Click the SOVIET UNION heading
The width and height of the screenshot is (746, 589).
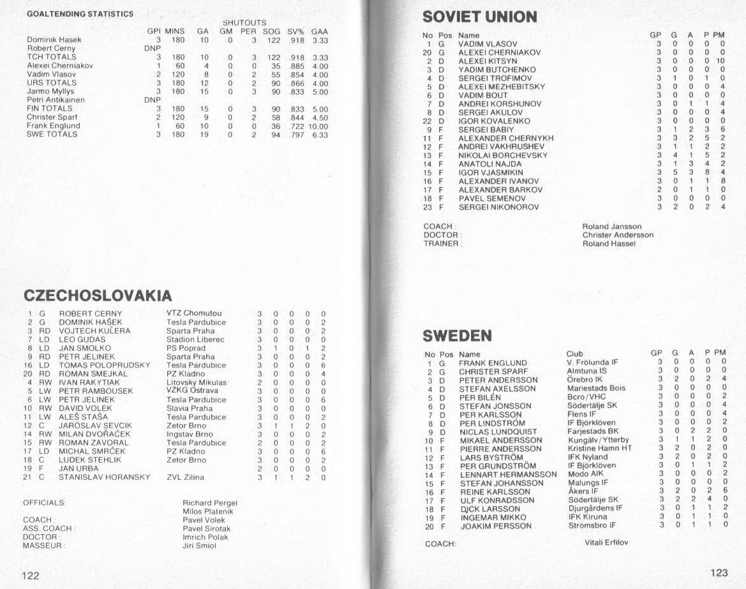tap(479, 17)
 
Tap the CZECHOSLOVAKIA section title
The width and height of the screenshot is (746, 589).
tap(98, 295)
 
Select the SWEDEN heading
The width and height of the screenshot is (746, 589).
tap(457, 336)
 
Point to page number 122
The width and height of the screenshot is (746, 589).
tap(31, 576)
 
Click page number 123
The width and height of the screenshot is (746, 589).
tap(719, 572)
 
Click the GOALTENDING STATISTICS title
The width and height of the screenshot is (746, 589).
tap(80, 14)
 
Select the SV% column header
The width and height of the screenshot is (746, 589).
tap(295, 31)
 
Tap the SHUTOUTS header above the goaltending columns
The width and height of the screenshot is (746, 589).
tap(244, 23)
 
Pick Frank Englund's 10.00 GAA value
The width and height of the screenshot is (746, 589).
tap(318, 126)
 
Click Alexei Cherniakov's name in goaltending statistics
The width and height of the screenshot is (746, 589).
tap(60, 65)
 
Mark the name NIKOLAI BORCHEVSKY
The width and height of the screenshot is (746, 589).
tap(503, 155)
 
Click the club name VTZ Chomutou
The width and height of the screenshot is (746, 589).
tap(194, 313)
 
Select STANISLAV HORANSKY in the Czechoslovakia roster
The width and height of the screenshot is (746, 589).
tap(104, 477)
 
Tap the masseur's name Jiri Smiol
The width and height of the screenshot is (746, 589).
tap(200, 546)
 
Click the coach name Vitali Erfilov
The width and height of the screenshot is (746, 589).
tap(606, 543)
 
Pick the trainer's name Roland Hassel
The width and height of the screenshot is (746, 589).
tap(609, 243)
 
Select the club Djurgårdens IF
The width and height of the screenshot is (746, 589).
tap(595, 509)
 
